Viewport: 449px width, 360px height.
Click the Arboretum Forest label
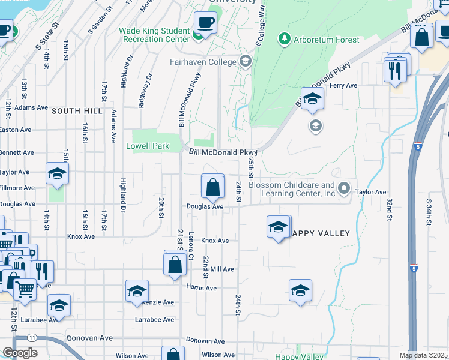click(x=327, y=40)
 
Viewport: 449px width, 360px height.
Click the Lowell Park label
click(x=148, y=146)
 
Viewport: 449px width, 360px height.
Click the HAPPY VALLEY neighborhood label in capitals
click(x=321, y=233)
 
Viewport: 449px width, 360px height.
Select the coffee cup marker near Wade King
click(x=205, y=23)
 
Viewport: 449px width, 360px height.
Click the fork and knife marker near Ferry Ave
click(x=394, y=70)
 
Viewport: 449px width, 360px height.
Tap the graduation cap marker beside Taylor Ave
click(x=58, y=174)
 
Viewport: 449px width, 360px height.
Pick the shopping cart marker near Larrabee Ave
click(x=25, y=290)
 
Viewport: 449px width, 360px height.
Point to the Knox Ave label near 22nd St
click(x=215, y=241)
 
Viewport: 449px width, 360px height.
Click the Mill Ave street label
click(x=222, y=269)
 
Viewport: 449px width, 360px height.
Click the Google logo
click(x=20, y=353)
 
